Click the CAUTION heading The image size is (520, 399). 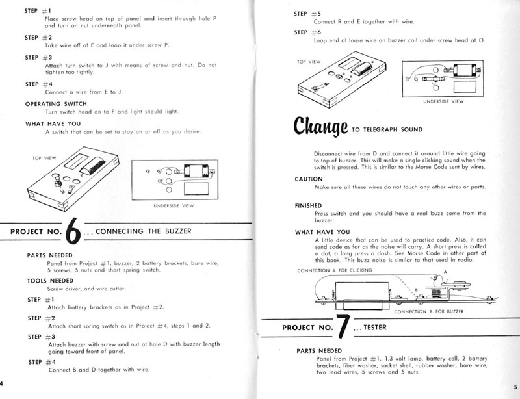coord(309,178)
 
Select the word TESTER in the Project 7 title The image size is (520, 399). coord(370,329)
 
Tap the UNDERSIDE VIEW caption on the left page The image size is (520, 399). coord(175,205)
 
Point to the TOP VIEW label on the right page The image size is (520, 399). coord(310,60)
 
